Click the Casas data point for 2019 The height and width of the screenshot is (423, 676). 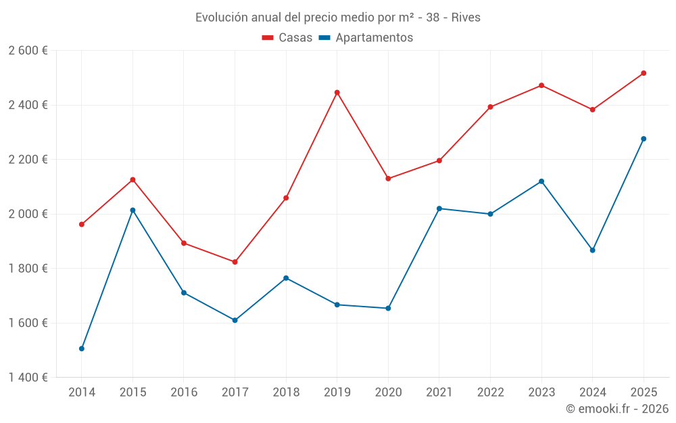[x=337, y=92]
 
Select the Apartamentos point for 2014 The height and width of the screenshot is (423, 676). [x=82, y=349]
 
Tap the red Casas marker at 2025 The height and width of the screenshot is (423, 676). [x=644, y=73]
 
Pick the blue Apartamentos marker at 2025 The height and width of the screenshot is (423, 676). [x=644, y=139]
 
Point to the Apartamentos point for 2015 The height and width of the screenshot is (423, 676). [x=132, y=210]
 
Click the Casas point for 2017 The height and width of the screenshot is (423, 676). [x=235, y=262]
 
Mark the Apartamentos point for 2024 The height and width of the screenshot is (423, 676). [x=592, y=250]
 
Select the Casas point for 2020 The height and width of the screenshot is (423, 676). [x=388, y=179]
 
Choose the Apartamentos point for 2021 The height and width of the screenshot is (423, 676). [x=439, y=208]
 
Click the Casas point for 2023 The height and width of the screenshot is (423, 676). [x=541, y=85]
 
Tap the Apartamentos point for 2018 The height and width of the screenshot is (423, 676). [x=286, y=278]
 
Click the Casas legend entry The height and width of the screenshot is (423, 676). [x=287, y=38]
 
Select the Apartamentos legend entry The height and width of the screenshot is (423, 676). [x=366, y=38]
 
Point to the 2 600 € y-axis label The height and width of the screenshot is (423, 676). [x=28, y=51]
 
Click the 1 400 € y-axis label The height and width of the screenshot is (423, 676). [x=28, y=378]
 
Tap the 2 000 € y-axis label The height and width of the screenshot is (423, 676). [x=28, y=214]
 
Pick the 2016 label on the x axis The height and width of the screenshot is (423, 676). [x=184, y=392]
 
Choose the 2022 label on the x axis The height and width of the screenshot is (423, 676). [x=490, y=392]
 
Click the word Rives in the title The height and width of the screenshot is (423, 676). [x=465, y=18]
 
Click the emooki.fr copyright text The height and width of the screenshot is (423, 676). [x=617, y=409]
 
